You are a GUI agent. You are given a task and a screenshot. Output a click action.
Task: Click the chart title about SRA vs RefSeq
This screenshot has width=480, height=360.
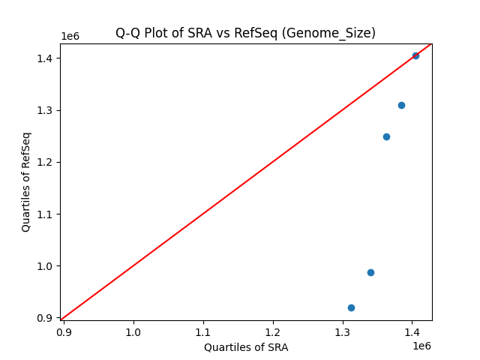coord(245,33)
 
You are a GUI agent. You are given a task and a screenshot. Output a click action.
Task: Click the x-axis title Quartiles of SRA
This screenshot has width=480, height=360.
coord(245,347)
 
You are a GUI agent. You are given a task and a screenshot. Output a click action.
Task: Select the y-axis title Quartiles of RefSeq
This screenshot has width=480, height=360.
coord(26,181)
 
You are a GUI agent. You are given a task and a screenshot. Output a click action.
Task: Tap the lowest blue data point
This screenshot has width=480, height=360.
coord(351,307)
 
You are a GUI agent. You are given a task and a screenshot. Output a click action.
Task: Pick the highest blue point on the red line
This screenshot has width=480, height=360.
coord(415,55)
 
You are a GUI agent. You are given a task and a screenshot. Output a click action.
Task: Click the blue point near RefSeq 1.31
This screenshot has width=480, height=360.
coord(401,105)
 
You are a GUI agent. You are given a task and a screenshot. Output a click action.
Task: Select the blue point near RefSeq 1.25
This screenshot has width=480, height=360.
coord(386,136)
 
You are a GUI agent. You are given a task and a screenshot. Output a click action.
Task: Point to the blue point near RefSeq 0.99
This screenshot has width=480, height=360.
coord(370,272)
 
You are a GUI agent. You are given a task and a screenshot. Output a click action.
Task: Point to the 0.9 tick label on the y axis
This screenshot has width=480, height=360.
coord(46,318)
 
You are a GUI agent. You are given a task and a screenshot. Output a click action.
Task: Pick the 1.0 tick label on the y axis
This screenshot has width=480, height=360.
coord(46,266)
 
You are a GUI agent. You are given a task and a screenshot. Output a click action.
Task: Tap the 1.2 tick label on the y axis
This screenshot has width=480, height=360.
coord(46,162)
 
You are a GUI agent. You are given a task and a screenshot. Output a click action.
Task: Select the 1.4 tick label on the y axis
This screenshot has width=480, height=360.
coord(46,58)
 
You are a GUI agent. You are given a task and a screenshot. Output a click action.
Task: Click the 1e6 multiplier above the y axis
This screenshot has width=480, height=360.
coord(70,36)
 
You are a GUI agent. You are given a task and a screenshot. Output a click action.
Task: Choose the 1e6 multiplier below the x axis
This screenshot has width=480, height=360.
coord(421,345)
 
